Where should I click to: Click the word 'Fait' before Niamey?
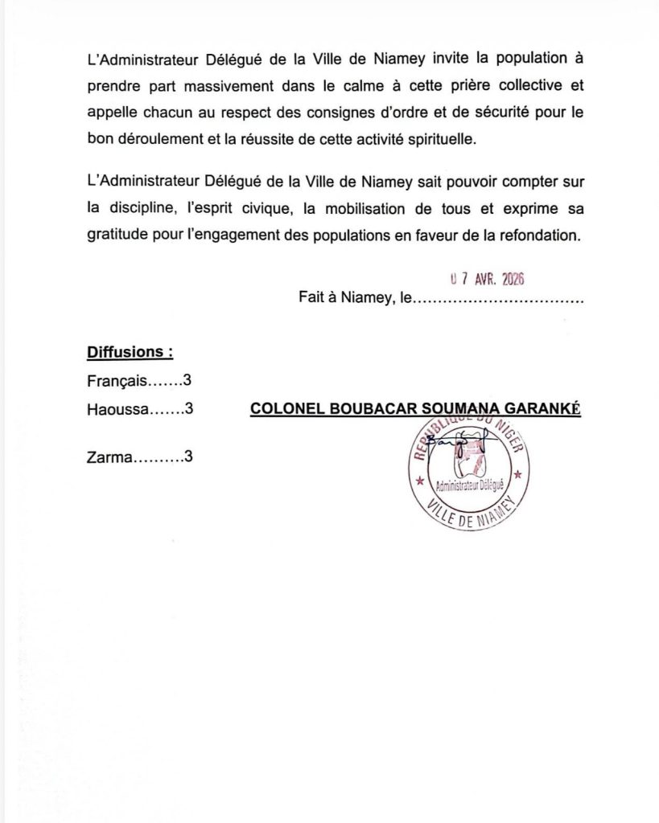[312, 300]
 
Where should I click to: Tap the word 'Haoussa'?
[117, 408]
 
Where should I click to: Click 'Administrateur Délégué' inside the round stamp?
[467, 487]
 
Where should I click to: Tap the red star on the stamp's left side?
[419, 482]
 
